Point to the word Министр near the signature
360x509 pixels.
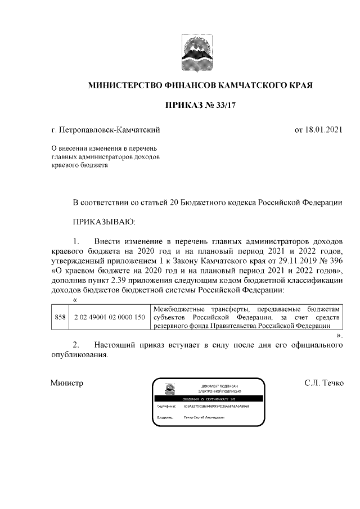(67, 384)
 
